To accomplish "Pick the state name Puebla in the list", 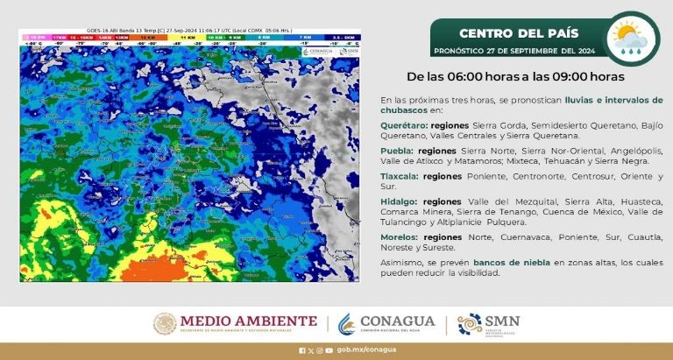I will [396, 151].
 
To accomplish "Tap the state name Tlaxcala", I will [400, 176].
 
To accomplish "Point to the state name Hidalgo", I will [399, 201].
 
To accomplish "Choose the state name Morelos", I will [400, 236].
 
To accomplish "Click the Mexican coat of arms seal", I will [165, 324].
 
